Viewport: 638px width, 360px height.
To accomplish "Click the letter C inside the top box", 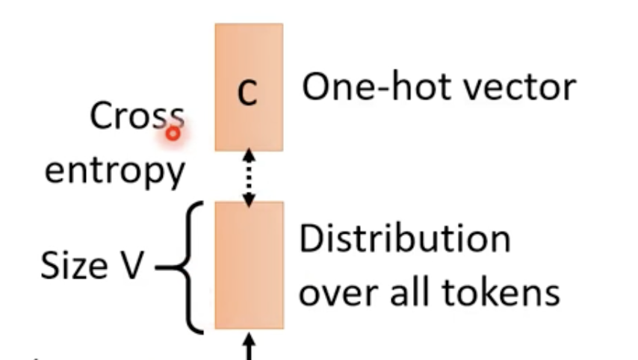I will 248,93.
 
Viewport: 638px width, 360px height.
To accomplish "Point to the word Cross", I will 136,117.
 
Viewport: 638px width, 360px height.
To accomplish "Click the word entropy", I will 114,171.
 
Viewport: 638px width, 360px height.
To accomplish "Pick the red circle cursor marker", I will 173,134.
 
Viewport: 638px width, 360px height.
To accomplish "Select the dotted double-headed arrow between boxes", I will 249,176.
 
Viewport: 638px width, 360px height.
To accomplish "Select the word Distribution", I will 405,240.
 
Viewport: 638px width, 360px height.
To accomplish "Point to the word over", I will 336,292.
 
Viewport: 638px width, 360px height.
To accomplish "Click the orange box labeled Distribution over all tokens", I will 249,265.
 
